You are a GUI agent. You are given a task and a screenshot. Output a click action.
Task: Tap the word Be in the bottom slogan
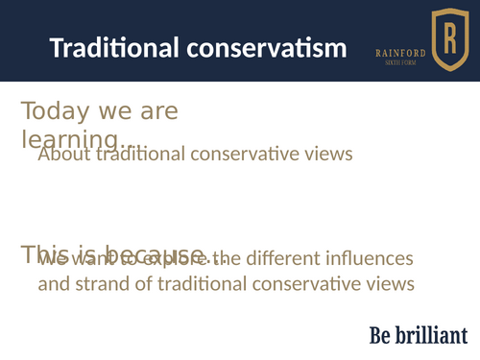380,335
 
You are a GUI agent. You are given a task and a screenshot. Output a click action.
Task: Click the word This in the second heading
44,253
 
